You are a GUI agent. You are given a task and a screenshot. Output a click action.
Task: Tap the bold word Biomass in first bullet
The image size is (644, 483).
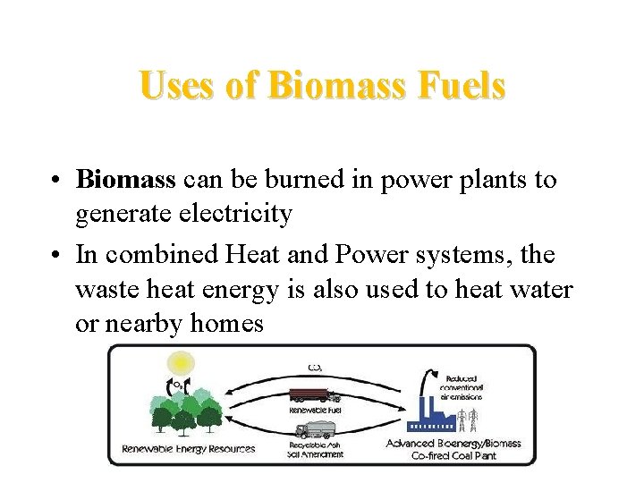click(x=125, y=180)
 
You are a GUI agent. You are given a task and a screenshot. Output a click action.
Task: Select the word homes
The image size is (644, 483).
click(x=227, y=323)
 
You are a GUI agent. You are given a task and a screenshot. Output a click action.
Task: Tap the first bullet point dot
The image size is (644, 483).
click(x=55, y=181)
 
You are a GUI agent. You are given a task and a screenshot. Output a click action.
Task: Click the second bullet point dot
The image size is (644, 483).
click(x=55, y=256)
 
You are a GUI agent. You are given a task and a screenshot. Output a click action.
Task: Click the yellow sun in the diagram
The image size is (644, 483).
click(x=182, y=363)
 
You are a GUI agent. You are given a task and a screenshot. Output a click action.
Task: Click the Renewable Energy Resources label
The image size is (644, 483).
click(x=188, y=449)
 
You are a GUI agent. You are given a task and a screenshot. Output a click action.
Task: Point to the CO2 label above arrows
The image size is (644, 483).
click(x=314, y=366)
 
